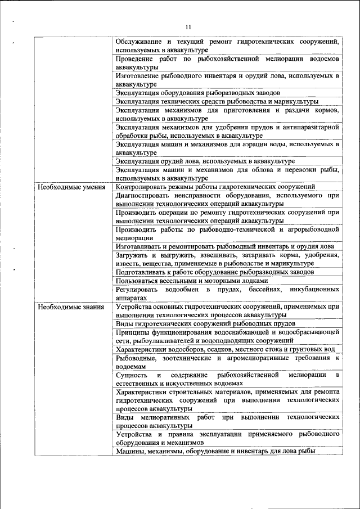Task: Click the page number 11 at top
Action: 188,26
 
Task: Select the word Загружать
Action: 132,255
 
